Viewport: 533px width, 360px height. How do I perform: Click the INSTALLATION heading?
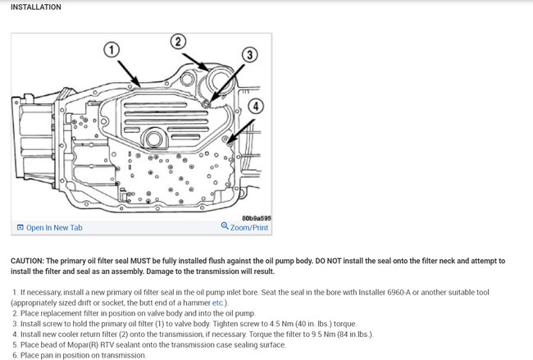[x=36, y=7]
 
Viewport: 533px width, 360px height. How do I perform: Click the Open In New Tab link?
[x=54, y=227]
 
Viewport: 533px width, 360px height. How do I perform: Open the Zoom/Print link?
[x=249, y=227]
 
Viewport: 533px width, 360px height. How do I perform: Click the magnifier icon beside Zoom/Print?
[x=225, y=226]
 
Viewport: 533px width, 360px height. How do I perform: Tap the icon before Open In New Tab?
[x=20, y=227]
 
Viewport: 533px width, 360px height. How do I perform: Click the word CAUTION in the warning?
[x=30, y=261]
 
